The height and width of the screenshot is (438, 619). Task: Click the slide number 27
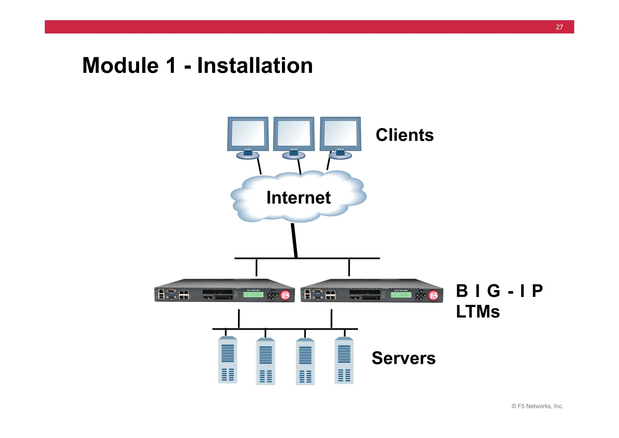[x=559, y=27]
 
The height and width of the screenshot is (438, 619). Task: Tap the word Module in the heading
[x=120, y=66]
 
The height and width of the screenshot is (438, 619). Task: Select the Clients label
[x=404, y=135]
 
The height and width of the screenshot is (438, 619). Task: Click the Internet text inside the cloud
[x=298, y=198]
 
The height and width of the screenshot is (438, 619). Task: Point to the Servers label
[x=403, y=358]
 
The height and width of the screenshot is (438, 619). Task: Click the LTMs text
[x=478, y=311]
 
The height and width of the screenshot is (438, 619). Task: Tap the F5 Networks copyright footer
[x=537, y=406]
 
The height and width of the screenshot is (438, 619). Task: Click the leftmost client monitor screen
[x=248, y=133]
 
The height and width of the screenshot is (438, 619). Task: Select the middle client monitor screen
[x=294, y=133]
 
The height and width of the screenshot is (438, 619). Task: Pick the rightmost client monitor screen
[x=340, y=133]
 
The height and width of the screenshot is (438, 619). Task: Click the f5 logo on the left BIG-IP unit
[x=285, y=295]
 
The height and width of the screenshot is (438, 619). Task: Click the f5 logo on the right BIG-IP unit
[x=433, y=295]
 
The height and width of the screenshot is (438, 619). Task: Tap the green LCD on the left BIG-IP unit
[x=253, y=295]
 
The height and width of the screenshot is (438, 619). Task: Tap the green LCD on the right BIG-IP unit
[x=401, y=295]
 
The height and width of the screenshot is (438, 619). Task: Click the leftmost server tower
[x=228, y=360]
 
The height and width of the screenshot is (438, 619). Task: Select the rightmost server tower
[x=344, y=361]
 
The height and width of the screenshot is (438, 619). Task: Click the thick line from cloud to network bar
[x=294, y=241]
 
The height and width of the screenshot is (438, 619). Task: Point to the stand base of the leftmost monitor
[x=248, y=156]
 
